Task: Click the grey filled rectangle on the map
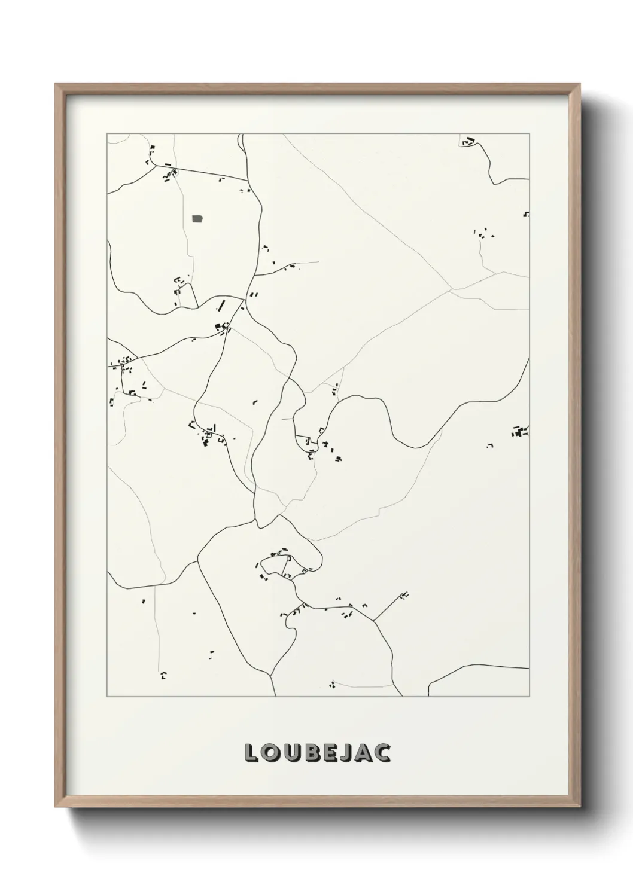[197, 219]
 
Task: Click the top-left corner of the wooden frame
[56, 84]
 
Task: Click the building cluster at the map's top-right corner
[467, 142]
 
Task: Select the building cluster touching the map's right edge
[519, 431]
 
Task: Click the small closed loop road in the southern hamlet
[278, 564]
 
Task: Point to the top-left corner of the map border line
[107, 134]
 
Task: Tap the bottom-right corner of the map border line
[529, 697]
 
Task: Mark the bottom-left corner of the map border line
[107, 697]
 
